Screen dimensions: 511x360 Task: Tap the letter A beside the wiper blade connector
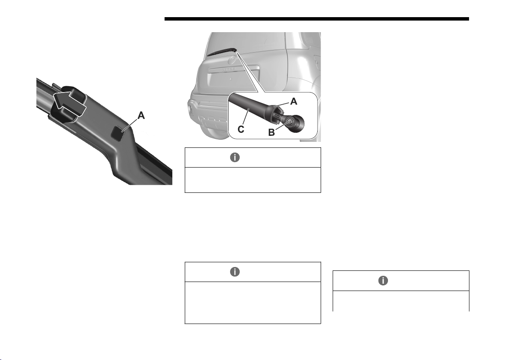point(141,115)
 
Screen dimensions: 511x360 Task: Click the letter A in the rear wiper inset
point(294,102)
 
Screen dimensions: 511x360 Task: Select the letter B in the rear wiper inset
point(271,133)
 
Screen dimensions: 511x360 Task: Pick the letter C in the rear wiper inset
point(241,129)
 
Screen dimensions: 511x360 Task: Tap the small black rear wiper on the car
point(222,51)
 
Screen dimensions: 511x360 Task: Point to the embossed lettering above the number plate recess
point(228,69)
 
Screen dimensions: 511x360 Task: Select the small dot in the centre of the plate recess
point(230,79)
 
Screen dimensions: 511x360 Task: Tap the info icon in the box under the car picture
point(235,157)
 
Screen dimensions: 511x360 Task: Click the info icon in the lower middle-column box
point(235,272)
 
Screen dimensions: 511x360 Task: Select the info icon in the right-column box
point(383,281)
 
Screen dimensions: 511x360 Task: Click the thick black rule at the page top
point(316,19)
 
